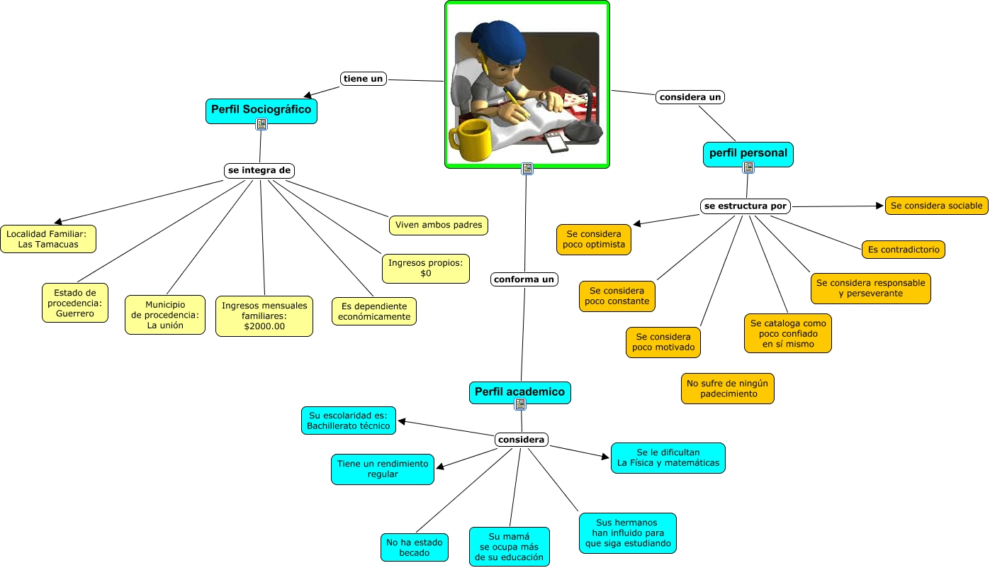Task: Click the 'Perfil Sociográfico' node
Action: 261,110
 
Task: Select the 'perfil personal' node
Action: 748,153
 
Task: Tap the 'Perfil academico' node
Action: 519,392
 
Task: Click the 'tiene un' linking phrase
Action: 364,79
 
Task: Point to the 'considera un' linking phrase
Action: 690,96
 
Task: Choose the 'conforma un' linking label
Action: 524,279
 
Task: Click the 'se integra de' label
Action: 259,170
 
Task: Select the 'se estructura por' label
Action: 745,206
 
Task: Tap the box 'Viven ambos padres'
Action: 439,225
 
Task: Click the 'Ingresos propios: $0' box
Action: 425,268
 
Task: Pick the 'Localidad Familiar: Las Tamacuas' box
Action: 48,239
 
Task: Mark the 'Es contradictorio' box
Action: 904,250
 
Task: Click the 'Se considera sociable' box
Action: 936,206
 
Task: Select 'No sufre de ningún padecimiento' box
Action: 728,389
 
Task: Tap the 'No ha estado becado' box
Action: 414,547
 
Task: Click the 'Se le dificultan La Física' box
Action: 668,458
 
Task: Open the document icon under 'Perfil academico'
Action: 520,404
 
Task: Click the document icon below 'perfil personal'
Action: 748,167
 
